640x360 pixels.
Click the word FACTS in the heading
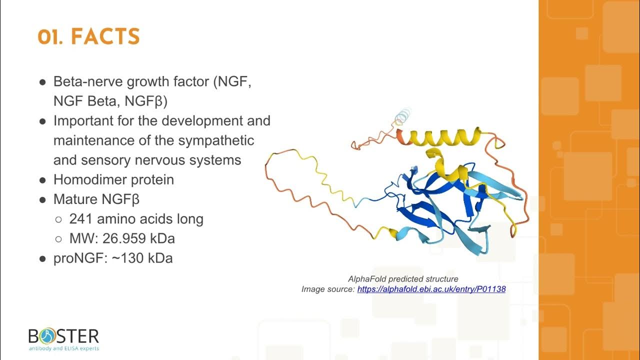tap(105, 37)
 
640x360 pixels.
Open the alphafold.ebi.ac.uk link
tap(431, 289)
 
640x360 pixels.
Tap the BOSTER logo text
tap(63, 336)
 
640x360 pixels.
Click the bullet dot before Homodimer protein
tap(43, 180)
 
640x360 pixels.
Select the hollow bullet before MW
tap(58, 239)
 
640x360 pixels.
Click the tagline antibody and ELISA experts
tap(63, 348)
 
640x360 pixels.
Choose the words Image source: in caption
tap(328, 289)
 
